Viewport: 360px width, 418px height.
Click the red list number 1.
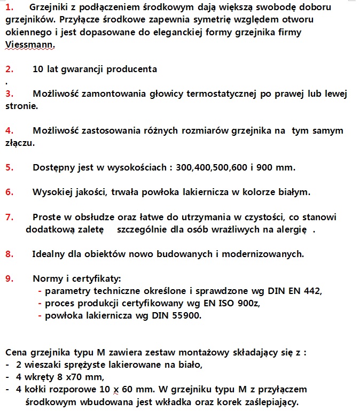10,7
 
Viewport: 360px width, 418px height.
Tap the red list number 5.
9,167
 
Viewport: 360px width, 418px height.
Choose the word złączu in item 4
20,143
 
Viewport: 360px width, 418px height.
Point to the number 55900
185,316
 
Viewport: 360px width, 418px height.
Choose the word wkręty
39,378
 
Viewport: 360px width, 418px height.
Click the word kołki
37,390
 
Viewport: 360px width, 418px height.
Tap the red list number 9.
9,278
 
